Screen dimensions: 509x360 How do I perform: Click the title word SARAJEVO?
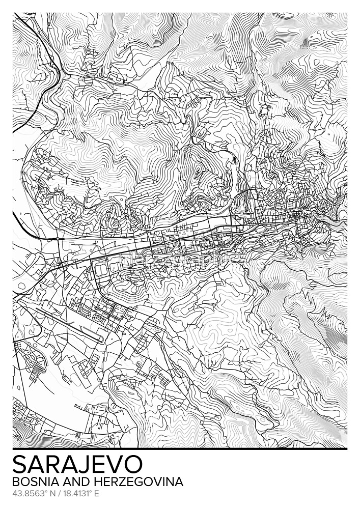pyautogui.click(x=77, y=465)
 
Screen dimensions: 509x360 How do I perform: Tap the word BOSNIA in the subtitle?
pyautogui.click(x=31, y=482)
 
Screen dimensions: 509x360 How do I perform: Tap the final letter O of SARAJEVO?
pyautogui.click(x=134, y=465)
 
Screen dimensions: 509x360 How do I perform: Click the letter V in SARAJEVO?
pyautogui.click(x=115, y=465)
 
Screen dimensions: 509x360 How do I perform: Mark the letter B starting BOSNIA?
pyautogui.click(x=15, y=482)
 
